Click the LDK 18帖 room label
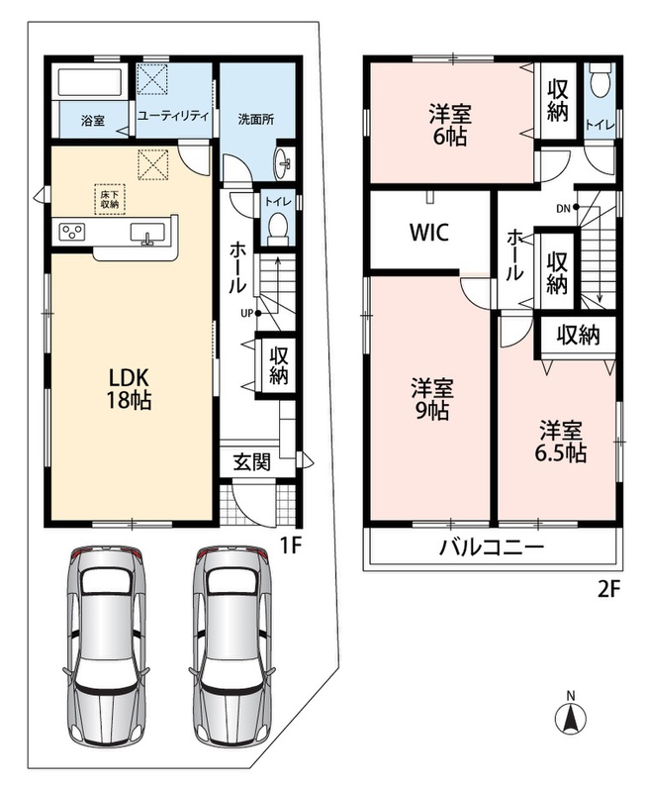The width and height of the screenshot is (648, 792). [x=129, y=388]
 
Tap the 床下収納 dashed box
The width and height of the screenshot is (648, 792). [x=110, y=199]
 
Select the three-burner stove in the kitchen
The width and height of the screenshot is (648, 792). [x=71, y=232]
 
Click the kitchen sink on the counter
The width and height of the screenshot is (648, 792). [x=147, y=234]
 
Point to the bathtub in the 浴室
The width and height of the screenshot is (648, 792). [x=91, y=81]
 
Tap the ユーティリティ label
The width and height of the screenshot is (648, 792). [x=173, y=116]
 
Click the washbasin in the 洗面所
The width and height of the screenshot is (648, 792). [x=284, y=163]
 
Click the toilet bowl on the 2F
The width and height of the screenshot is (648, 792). [x=601, y=82]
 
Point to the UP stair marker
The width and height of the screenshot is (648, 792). [x=250, y=313]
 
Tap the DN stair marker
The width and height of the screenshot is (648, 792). [x=568, y=208]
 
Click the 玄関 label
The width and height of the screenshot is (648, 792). [x=252, y=461]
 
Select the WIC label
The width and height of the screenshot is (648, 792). [x=429, y=232]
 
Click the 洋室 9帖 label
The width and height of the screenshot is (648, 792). [x=431, y=399]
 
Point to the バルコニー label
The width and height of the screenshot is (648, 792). [x=492, y=547]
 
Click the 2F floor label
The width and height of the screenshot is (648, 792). [x=608, y=589]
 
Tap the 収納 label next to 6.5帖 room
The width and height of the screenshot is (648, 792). [x=579, y=335]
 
